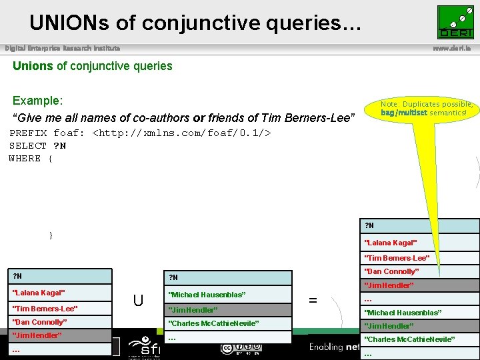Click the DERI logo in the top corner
pos(455,22)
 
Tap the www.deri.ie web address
pos(455,48)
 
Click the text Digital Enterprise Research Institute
pos(63,48)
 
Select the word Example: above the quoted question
pos(37,101)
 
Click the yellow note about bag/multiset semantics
pos(427,109)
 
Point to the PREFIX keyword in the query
pos(28,133)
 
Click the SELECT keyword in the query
pos(28,145)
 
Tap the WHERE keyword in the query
pos(25,158)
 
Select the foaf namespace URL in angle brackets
pos(181,133)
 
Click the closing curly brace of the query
pos(51,235)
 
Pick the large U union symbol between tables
pos(138,301)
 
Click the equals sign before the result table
pos(313,301)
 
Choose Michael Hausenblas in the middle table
pos(207,295)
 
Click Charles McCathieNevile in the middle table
pos(213,323)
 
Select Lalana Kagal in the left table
pos(39,293)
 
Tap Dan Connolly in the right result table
pos(391,271)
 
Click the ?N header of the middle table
pos(173,277)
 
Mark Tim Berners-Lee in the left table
pos(45,308)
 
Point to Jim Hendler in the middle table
pos(193,309)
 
